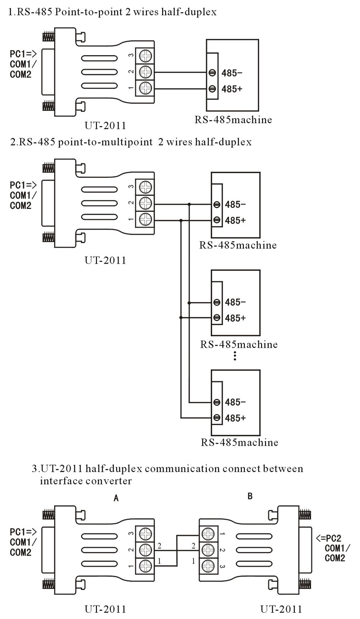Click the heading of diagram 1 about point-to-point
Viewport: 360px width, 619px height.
pos(112,12)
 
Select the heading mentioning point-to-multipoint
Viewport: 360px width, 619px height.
pos(130,142)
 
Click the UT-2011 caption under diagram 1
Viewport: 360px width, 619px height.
pos(105,126)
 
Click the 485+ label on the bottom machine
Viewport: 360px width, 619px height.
pos(235,417)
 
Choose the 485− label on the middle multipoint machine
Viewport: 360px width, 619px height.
pos(235,303)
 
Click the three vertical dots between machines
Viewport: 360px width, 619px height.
pos(235,356)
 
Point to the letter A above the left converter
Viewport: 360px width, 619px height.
pos(116,498)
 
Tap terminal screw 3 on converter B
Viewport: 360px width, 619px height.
pos(207,565)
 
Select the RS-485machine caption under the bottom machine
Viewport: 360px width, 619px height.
pos(239,442)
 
